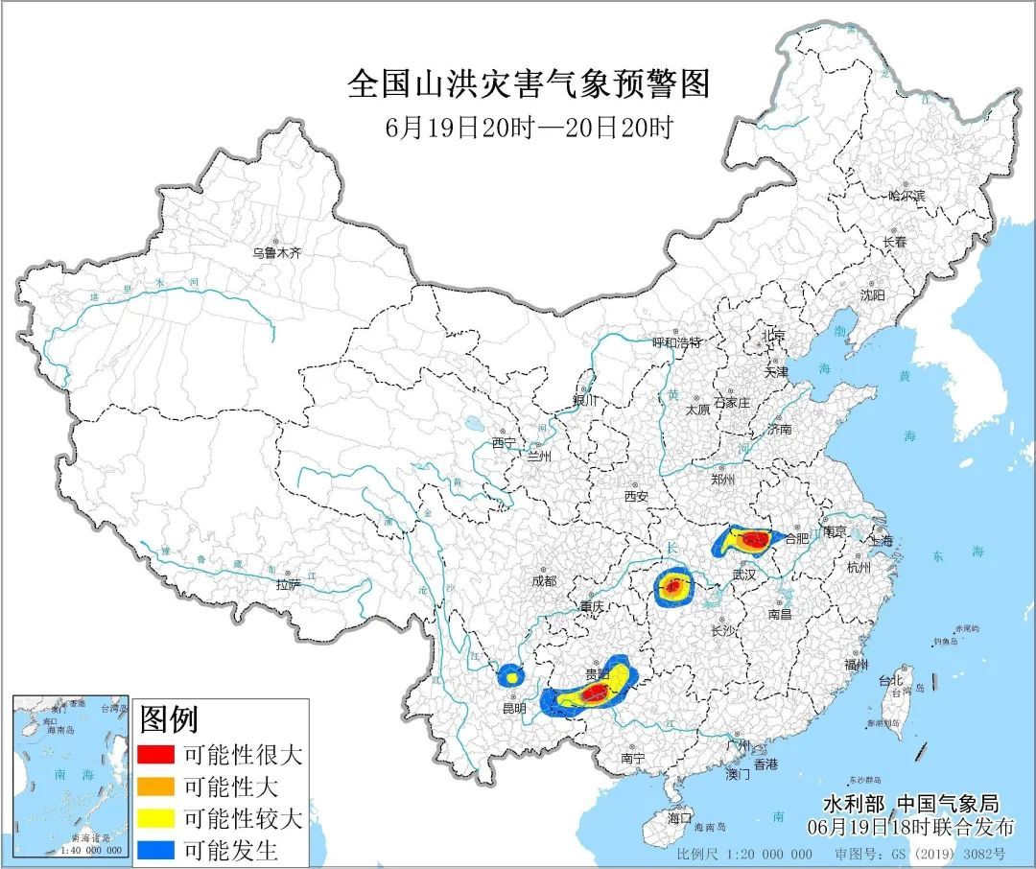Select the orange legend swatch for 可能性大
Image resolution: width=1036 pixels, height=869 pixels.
pos(154,787)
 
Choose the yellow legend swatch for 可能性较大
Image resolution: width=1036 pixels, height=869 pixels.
pos(154,819)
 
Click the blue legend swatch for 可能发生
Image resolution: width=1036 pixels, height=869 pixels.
pos(154,850)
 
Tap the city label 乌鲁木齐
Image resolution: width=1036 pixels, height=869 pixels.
pos(276,253)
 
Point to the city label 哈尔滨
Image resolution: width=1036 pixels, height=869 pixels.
pos(906,195)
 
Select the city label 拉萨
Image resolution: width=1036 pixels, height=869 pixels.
pos(288,583)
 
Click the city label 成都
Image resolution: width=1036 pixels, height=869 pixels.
pos(543,580)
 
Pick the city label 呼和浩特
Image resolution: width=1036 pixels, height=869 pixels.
pos(677,342)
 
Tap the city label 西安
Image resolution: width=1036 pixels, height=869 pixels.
pos(636,496)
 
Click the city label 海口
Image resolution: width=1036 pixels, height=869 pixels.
pos(679,817)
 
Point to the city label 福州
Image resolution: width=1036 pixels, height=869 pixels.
pos(857,664)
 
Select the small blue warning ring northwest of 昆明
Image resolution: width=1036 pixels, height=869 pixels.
pos(511,675)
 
